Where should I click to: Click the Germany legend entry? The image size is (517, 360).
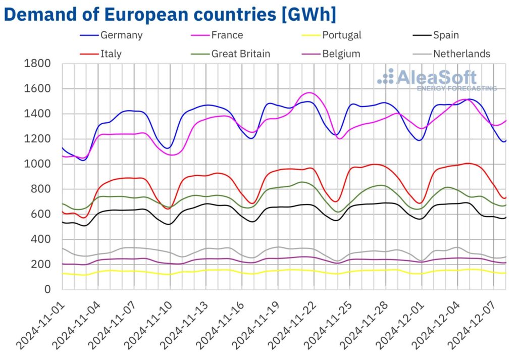tap(121, 35)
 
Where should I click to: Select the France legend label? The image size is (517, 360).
tap(227, 35)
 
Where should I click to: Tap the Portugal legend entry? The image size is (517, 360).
tap(342, 35)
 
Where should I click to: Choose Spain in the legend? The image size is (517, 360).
tap(446, 35)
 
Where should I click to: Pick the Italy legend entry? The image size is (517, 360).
tap(111, 54)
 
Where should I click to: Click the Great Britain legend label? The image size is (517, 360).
tap(241, 54)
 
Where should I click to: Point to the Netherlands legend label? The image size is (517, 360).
tap(461, 54)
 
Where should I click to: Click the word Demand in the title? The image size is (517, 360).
tap(51, 14)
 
